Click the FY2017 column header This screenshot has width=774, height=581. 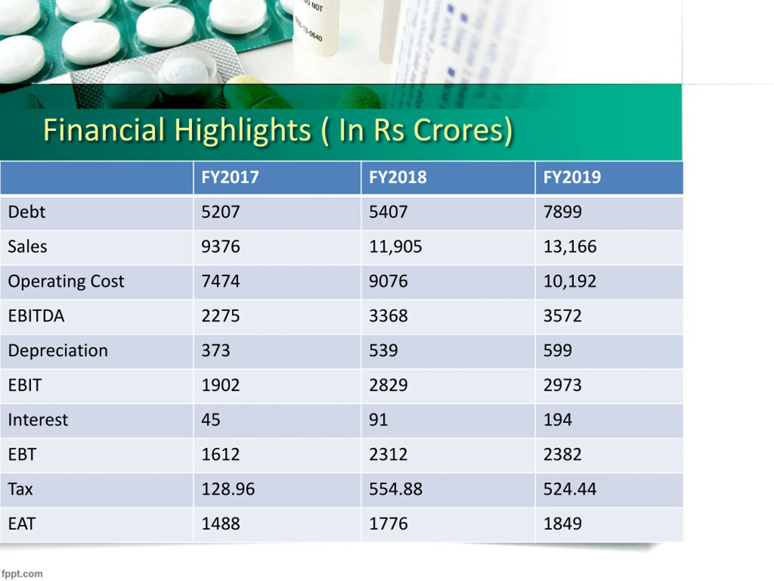pos(230,177)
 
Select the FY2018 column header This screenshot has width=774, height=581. pos(398,177)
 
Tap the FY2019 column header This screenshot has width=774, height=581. pos(572,177)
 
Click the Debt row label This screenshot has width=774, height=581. pos(27,212)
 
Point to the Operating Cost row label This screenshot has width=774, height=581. pos(66,281)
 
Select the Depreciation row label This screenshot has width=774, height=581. pos(58,350)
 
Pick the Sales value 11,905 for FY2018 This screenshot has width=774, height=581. pos(395,247)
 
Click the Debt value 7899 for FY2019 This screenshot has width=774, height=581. pos(562,212)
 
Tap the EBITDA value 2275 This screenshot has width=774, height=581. pos(220,316)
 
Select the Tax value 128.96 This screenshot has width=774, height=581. pos(228,489)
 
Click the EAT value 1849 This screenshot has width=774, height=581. pos(562,524)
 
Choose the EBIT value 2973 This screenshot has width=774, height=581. pos(562,385)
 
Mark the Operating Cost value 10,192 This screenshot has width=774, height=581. pos(569,281)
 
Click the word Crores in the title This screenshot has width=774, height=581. pos(463,130)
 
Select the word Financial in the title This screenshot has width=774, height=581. pos(104,130)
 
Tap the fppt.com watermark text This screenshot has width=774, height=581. pos(22,574)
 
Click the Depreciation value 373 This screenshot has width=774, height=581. pos(216,350)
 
